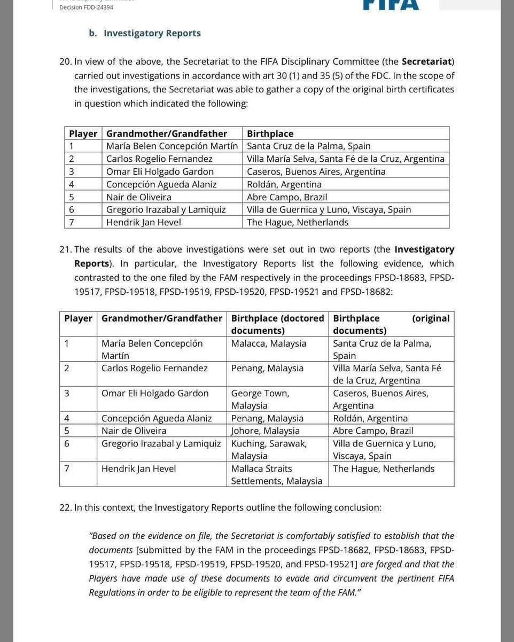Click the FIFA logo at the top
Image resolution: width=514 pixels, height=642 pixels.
391,5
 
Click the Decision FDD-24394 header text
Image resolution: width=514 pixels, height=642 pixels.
86,7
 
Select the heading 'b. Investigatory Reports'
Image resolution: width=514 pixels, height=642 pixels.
145,33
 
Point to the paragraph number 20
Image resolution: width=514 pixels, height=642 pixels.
65,61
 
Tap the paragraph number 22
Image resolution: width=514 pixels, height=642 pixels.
65,507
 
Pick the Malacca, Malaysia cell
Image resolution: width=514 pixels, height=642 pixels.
269,343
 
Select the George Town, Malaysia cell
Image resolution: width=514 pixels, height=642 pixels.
260,399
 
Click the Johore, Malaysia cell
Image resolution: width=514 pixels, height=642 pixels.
265,430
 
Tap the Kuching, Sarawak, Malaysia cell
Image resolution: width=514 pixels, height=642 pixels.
269,449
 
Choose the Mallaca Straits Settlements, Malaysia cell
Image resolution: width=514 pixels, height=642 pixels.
276,474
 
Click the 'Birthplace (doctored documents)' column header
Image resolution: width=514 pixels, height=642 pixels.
277,324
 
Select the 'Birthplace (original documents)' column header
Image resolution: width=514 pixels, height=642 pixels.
391,324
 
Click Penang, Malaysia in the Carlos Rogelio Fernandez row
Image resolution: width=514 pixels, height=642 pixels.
267,368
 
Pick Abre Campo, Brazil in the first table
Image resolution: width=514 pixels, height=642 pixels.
287,197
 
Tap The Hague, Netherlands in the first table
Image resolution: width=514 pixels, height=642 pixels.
298,222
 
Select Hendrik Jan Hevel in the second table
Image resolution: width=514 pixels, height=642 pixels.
138,468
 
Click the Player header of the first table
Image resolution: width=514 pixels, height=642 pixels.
83,134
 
